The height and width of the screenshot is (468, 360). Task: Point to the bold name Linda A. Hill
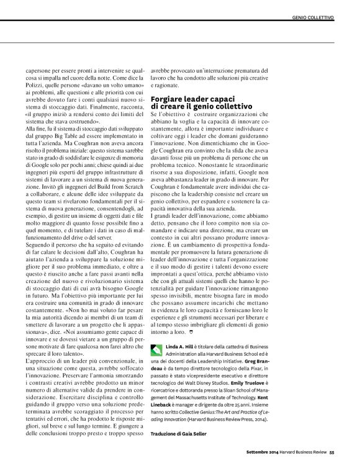coord(180,346)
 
